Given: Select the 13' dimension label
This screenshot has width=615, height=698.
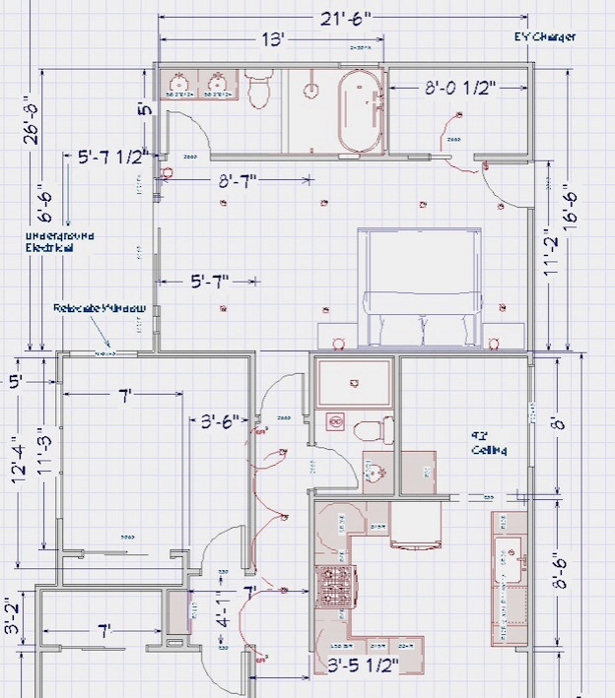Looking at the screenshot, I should (272, 39).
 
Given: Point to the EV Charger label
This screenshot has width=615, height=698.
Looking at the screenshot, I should (545, 37).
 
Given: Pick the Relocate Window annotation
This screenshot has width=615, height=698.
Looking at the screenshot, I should (100, 308).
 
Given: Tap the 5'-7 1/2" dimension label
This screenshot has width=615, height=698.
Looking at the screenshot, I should (112, 157).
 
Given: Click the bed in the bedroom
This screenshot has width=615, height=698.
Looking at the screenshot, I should (421, 286).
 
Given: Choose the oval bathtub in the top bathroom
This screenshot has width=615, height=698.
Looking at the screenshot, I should (359, 112).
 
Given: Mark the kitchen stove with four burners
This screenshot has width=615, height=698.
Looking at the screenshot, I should (330, 588).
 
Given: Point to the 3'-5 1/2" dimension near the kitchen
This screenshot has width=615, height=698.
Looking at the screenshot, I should (357, 666).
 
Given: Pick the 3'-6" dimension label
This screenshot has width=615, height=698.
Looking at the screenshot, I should (221, 422).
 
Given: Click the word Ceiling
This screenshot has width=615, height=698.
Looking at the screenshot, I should (488, 450).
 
